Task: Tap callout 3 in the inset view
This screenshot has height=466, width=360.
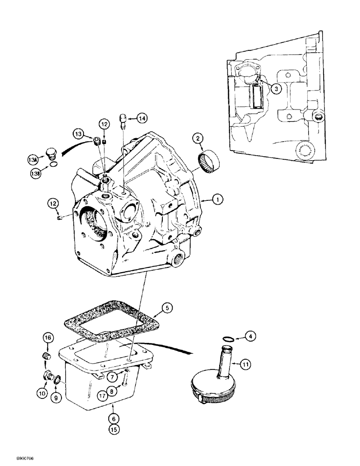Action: [x=276, y=88]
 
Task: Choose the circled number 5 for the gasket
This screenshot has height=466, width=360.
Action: [x=168, y=308]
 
